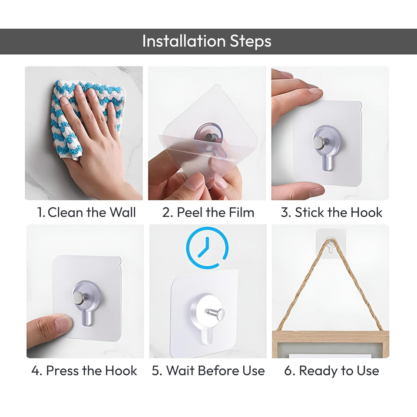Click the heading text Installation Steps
pyautogui.click(x=207, y=41)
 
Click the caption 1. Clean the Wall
pyautogui.click(x=86, y=212)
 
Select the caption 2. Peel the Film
pyautogui.click(x=208, y=212)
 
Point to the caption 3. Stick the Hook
pyautogui.click(x=331, y=212)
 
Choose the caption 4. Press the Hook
pyautogui.click(x=84, y=371)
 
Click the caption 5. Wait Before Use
pyautogui.click(x=208, y=371)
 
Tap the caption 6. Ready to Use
pyautogui.click(x=331, y=371)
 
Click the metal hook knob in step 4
pyautogui.click(x=79, y=298)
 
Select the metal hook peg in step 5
pyautogui.click(x=215, y=312)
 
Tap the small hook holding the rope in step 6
pyautogui.click(x=331, y=245)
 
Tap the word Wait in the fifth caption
pyautogui.click(x=179, y=371)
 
